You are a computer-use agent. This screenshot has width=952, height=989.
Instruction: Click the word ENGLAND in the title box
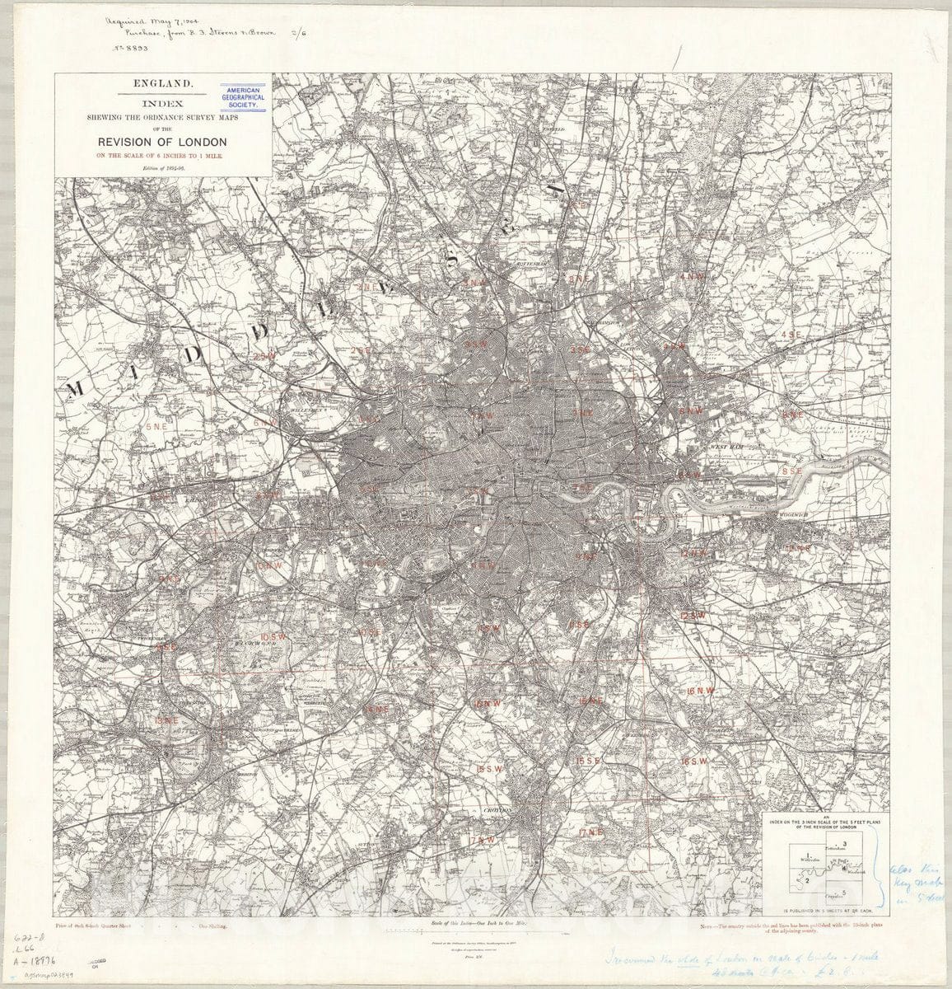pyautogui.click(x=164, y=83)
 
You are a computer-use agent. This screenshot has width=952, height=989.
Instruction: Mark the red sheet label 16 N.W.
pyautogui.click(x=700, y=690)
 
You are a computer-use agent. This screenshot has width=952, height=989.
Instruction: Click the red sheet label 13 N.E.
pyautogui.click(x=166, y=719)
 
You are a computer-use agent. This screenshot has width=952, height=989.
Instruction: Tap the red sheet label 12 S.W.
pyautogui.click(x=693, y=615)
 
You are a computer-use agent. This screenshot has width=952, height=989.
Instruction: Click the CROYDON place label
pyautogui.click(x=497, y=811)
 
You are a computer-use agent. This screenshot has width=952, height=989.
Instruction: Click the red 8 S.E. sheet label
pyautogui.click(x=791, y=471)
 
